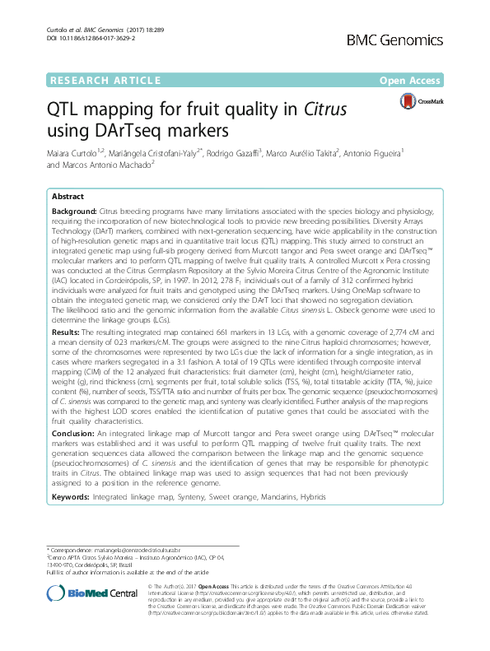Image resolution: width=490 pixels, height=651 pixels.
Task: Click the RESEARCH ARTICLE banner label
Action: [x=104, y=81]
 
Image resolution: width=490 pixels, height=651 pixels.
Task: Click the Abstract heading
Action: [x=68, y=198]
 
